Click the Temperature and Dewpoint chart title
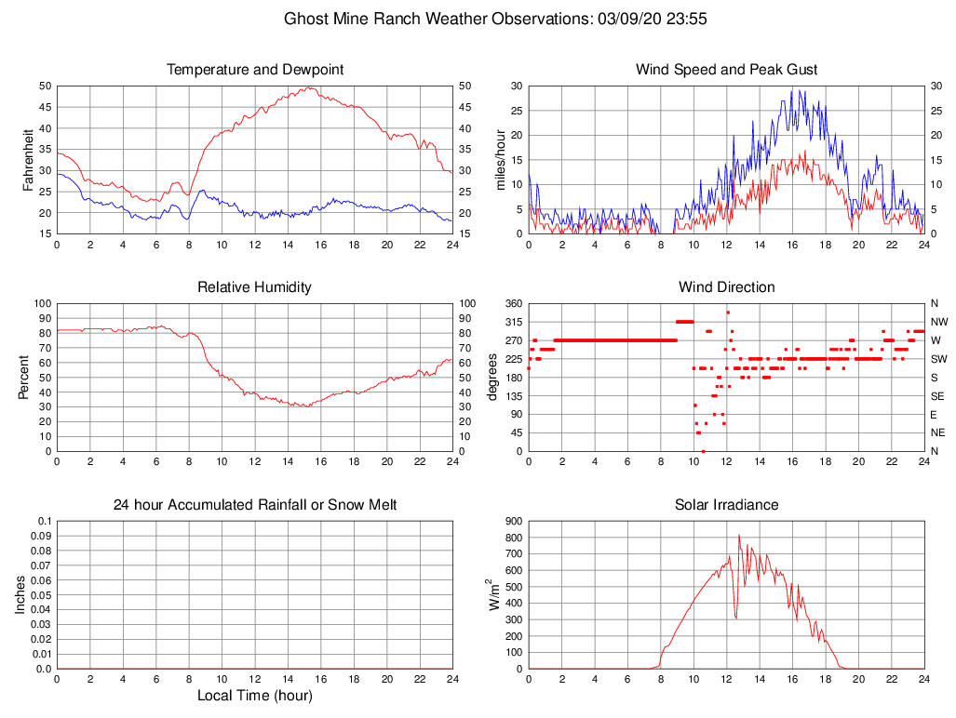pos(254,70)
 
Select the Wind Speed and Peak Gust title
pos(726,70)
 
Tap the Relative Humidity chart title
pos(254,287)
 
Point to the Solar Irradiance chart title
pos(726,505)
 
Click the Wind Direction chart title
pos(726,287)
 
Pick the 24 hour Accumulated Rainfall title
pos(254,505)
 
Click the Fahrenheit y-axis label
pos(28,159)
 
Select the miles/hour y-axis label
pos(500,159)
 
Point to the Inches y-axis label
pos(20,594)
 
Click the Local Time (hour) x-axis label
pos(254,696)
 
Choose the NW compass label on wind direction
pos(938,322)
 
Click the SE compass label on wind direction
pos(937,395)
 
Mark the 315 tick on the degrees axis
pos(512,322)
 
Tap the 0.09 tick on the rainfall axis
pos(41,536)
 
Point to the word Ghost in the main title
pos(305,19)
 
